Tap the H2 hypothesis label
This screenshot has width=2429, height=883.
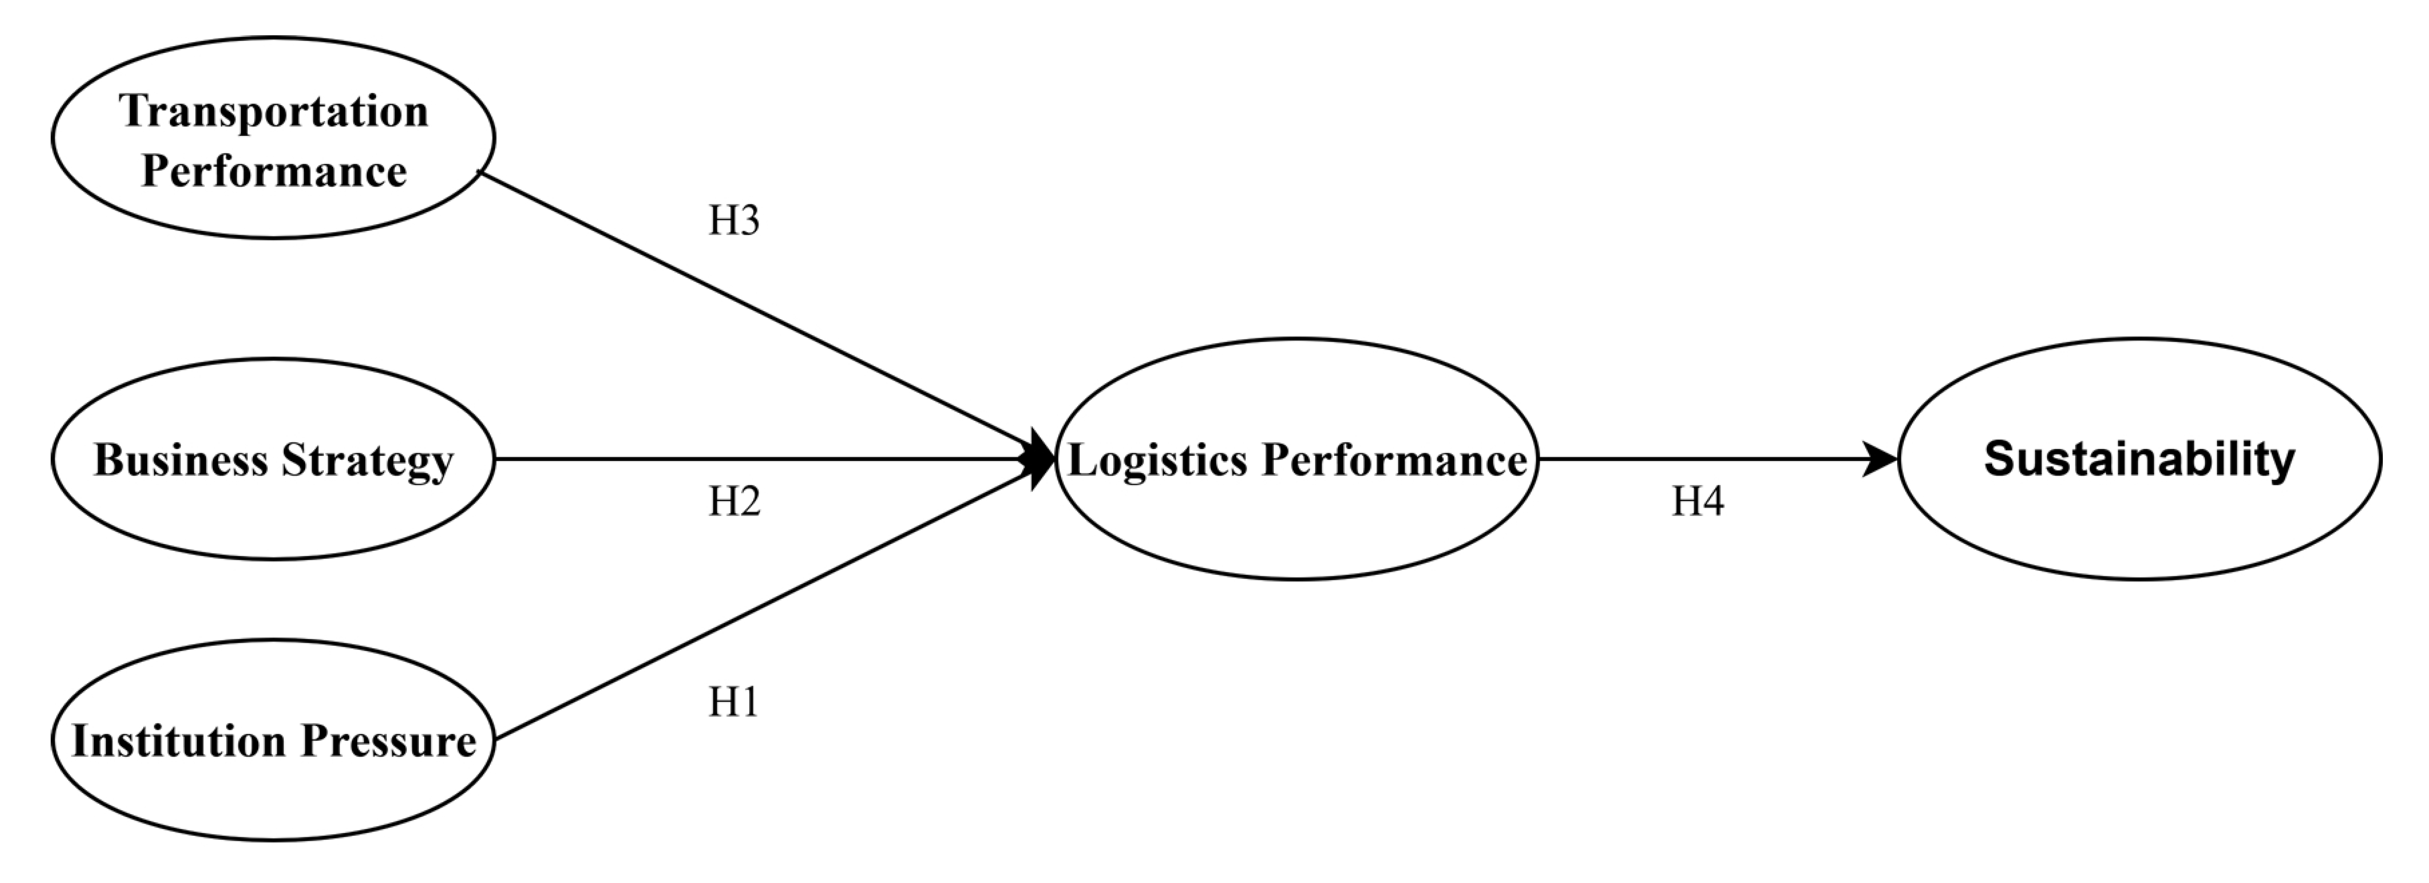[734, 502]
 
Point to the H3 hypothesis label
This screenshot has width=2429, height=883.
[734, 221]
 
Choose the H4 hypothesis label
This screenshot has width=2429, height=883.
[1697, 502]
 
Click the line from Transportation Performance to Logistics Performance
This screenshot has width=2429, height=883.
[754, 311]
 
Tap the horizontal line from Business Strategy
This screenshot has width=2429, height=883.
[754, 460]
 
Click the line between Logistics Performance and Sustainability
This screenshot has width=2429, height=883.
[1697, 460]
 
